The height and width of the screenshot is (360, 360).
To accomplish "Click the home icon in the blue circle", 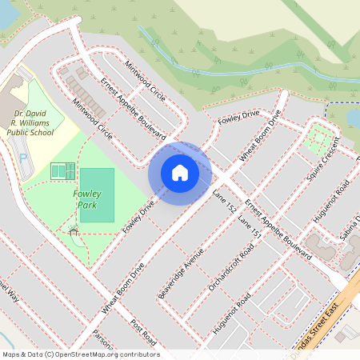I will coord(180,172).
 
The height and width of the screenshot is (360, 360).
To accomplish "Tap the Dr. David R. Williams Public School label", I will coord(29,124).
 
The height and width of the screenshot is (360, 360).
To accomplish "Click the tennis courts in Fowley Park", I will coord(62,170).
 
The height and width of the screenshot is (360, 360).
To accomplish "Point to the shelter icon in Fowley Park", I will coord(74,230).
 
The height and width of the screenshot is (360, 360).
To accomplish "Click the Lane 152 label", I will coord(226,201).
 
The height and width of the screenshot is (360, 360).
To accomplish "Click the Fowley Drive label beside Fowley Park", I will coord(138,218).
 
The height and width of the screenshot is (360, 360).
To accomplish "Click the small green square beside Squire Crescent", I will coord(320,136).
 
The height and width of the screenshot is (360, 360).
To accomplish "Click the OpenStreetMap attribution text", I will coord(80,354).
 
